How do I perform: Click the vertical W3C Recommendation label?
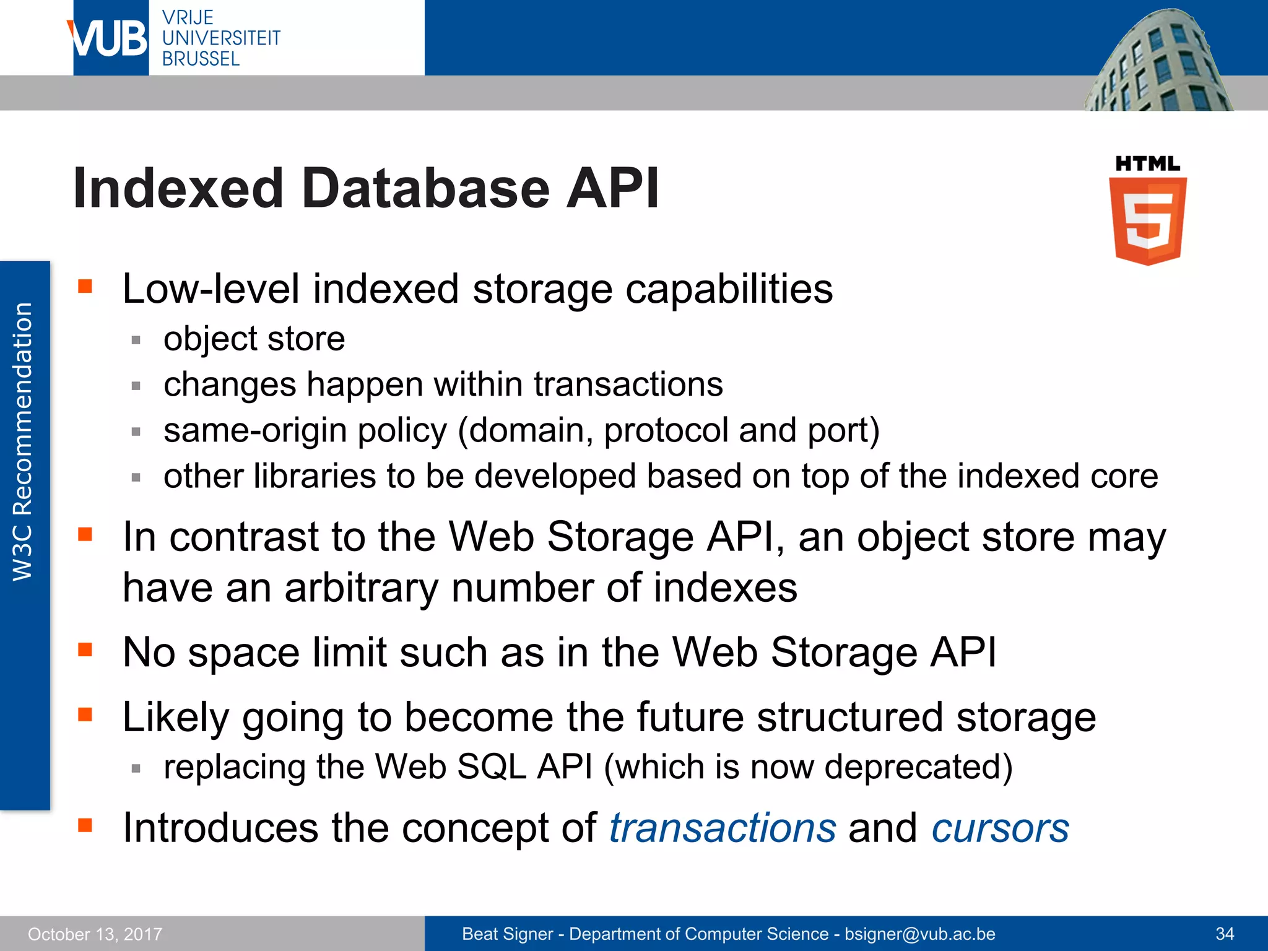click(x=24, y=441)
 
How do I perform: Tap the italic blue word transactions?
click(x=723, y=828)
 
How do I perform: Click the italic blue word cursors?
click(x=1000, y=828)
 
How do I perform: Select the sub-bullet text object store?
click(x=254, y=339)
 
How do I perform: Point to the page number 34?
click(x=1225, y=934)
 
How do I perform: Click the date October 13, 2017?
click(x=95, y=934)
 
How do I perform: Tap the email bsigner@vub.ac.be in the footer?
click(x=920, y=934)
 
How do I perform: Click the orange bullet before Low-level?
click(x=85, y=286)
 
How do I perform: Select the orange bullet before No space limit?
click(x=85, y=649)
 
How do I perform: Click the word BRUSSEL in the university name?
click(x=201, y=59)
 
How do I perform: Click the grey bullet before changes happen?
click(x=136, y=386)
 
